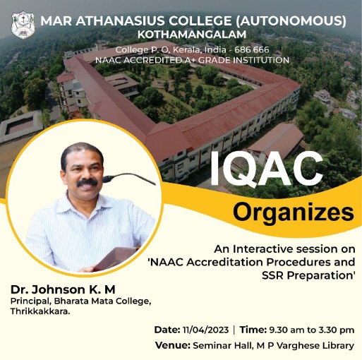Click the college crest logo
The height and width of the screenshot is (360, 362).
(23, 25)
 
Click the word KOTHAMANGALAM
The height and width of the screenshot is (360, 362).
(192, 35)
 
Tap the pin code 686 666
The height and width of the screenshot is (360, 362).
(252, 50)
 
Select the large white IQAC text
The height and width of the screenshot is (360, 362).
(266, 169)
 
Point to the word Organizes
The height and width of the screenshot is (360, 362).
(294, 212)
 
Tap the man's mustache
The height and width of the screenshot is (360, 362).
(87, 182)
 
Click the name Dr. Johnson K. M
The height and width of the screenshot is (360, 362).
(63, 289)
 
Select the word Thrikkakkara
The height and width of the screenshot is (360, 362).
(40, 311)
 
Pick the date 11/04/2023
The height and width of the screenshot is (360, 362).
(205, 330)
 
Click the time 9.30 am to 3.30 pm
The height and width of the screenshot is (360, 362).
(312, 330)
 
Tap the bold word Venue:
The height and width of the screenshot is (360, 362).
(173, 345)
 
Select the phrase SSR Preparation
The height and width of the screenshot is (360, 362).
(307, 275)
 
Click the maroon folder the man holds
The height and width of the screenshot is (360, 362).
(115, 258)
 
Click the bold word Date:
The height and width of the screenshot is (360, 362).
(167, 330)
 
